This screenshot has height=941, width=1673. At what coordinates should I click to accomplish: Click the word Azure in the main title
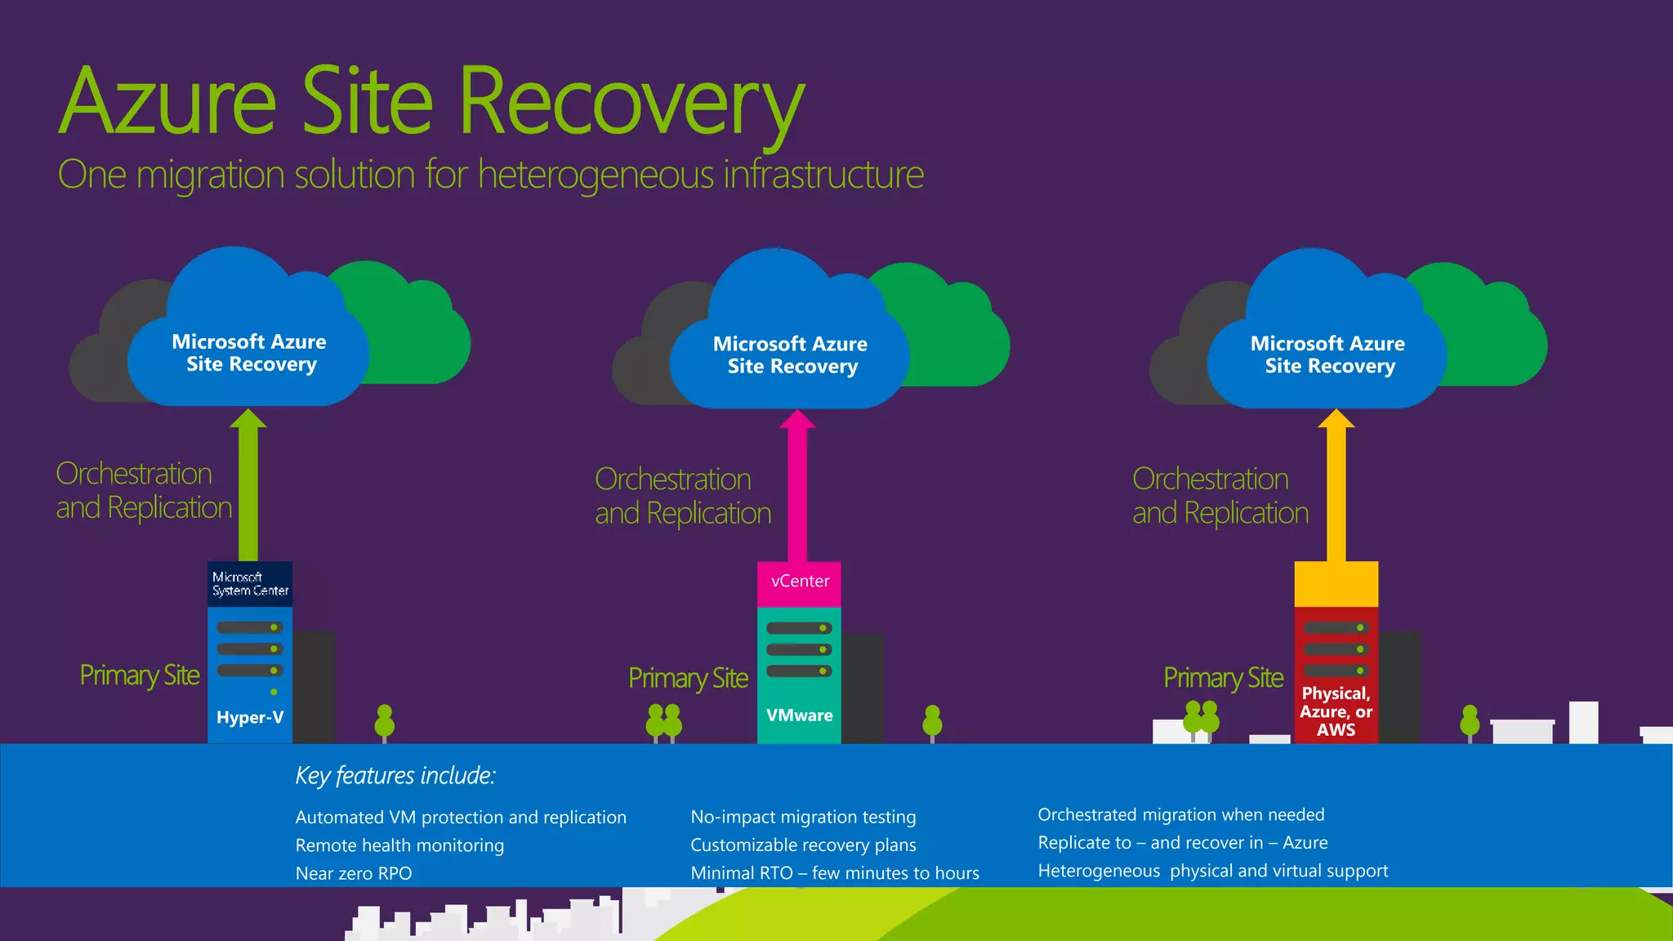tap(168, 101)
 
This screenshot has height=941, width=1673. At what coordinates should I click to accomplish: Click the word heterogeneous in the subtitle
tap(596, 175)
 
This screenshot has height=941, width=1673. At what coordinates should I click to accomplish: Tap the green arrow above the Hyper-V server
tap(248, 490)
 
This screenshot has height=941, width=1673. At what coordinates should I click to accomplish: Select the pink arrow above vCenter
tap(797, 490)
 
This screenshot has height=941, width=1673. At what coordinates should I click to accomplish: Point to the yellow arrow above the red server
tap(1336, 490)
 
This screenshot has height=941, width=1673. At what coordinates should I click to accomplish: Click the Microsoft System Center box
tap(250, 584)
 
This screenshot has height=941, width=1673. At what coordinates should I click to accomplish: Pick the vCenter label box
tap(799, 582)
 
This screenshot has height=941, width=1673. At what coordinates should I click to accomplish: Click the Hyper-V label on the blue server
tap(250, 717)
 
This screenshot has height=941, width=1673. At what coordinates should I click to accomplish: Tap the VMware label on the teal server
tap(799, 716)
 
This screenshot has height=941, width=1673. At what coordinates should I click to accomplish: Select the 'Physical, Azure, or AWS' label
tap(1336, 711)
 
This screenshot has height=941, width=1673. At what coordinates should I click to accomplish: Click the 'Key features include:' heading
tap(395, 775)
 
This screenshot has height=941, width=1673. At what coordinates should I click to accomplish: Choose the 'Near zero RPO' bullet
tap(354, 873)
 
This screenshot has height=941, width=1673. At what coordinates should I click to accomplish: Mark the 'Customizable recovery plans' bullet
tap(803, 845)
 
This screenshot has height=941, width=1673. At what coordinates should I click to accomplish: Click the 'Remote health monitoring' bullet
tap(399, 845)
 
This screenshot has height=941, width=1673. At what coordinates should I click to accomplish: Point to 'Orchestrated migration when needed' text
tap(1180, 814)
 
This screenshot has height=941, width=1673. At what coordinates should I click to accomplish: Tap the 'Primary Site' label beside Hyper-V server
tap(140, 676)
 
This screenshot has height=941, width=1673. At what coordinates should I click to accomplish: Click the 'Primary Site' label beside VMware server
tap(688, 678)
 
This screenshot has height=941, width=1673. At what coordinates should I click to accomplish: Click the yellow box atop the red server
tap(1336, 584)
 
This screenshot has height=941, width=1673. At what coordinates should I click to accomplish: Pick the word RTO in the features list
tap(776, 873)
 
